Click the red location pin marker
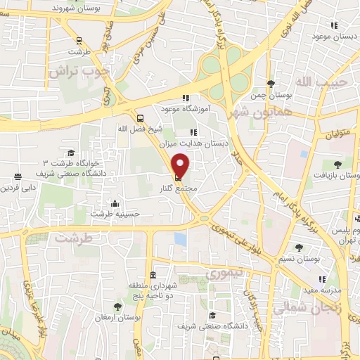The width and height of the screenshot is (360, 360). point(181,166)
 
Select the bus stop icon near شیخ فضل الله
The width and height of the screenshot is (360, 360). point(140,118)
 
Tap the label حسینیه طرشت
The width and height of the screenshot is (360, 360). point(112,213)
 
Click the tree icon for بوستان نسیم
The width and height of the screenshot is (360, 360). point(300,247)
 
